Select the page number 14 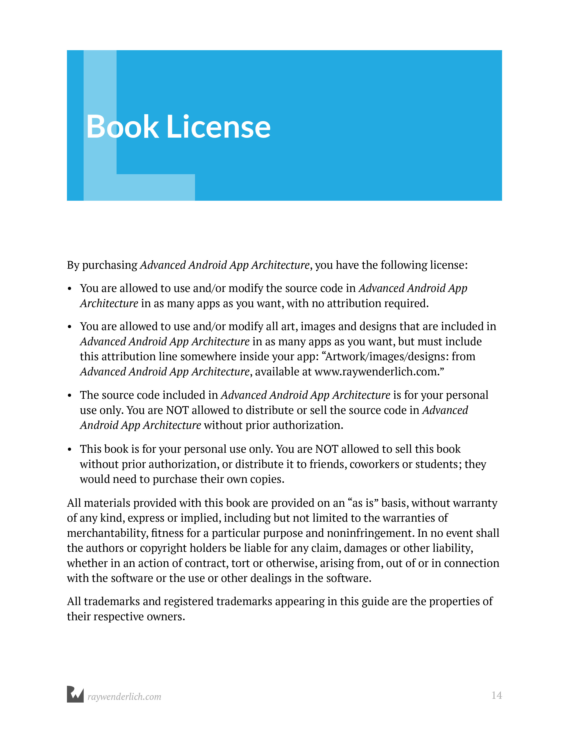click(x=496, y=695)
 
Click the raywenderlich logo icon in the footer click(x=75, y=694)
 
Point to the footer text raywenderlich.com click(x=124, y=697)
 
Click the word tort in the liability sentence click(x=238, y=563)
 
